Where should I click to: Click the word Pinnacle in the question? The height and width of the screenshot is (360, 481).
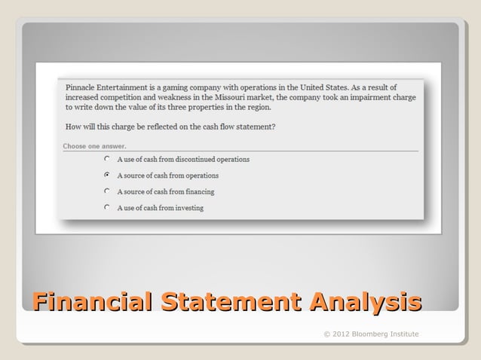(81, 87)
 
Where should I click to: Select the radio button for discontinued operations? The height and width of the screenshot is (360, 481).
(109, 160)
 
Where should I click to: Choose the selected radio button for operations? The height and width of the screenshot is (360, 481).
(109, 175)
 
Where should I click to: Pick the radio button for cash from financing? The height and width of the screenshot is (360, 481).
(109, 191)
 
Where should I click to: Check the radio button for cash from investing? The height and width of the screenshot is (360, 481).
(109, 207)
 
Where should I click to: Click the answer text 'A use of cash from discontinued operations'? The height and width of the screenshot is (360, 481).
(183, 160)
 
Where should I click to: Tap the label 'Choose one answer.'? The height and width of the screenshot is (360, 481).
(94, 146)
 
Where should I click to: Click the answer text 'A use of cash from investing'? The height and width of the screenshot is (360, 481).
(160, 207)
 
